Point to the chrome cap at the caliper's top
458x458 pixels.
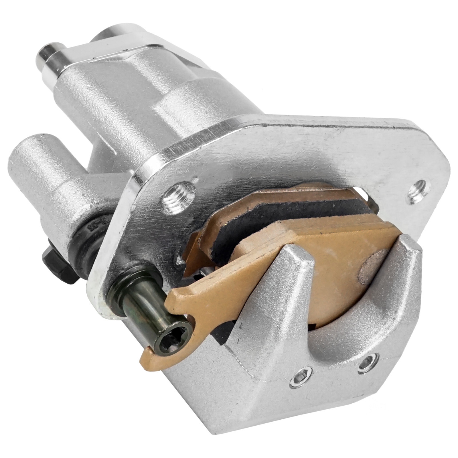tap(120, 37)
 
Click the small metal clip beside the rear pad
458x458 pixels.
tap(372, 200)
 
